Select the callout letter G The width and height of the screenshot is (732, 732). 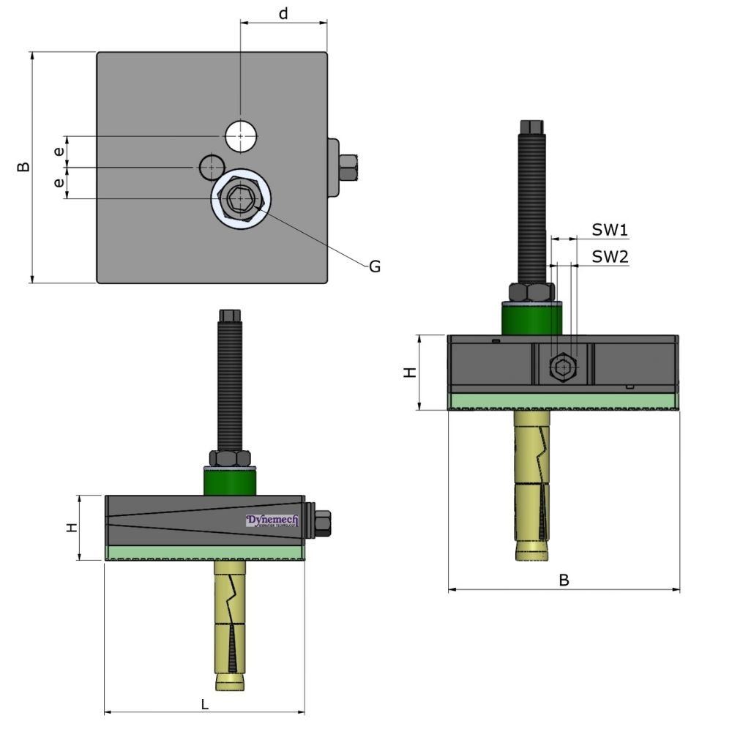coord(374,267)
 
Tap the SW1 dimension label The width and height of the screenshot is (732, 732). coord(610,231)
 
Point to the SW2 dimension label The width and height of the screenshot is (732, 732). coord(610,256)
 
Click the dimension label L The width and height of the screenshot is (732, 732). coord(205,704)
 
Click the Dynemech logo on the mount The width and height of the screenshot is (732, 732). coord(272,520)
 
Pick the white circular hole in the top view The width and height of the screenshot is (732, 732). coord(241,135)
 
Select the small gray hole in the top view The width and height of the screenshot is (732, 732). coord(211,168)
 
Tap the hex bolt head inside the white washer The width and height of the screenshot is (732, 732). coord(240,198)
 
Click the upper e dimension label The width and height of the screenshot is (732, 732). coord(59,152)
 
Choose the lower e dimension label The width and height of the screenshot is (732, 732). coord(59,183)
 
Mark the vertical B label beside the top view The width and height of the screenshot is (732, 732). coord(23,167)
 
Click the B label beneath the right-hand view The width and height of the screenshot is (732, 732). coord(564,580)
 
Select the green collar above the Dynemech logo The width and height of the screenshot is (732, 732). coord(229,482)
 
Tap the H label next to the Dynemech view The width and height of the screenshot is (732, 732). coord(72,527)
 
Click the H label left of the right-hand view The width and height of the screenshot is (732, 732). coord(411,372)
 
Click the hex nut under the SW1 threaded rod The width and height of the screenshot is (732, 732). coord(532,293)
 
